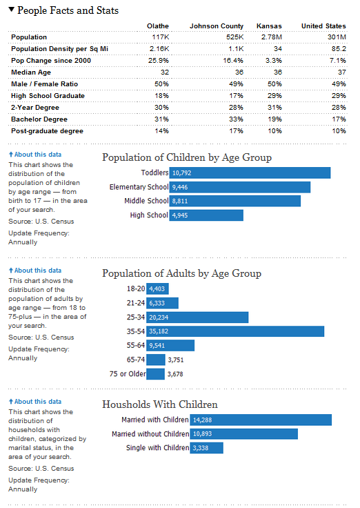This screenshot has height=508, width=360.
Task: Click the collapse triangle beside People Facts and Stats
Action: point(11,10)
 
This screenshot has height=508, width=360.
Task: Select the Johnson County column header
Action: point(217,26)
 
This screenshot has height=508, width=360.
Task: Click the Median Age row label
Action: point(32,72)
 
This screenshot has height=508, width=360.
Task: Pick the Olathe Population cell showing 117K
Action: point(160,37)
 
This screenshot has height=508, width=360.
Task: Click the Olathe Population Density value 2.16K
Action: point(159,48)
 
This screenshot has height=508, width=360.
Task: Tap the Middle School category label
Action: point(146,201)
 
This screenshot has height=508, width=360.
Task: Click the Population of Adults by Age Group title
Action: point(181,273)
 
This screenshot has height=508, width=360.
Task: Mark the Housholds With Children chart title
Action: point(160,404)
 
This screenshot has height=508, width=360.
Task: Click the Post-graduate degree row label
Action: point(48,130)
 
